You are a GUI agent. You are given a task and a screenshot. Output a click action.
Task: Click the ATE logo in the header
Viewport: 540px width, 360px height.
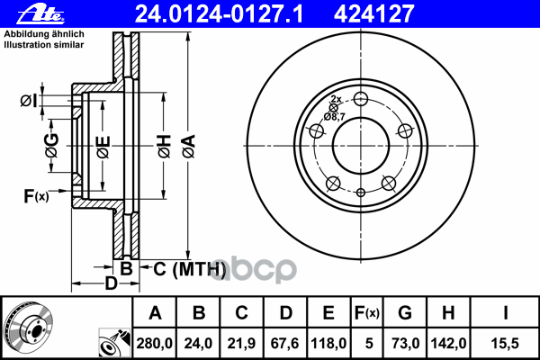(40, 14)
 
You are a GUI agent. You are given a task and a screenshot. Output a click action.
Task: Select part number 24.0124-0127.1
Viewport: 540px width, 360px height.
(219, 14)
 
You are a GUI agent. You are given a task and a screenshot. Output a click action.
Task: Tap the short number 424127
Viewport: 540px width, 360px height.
(373, 14)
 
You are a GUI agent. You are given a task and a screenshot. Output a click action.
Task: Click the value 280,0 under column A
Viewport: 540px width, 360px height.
(154, 343)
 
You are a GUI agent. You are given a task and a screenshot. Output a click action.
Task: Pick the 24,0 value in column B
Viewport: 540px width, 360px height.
(198, 343)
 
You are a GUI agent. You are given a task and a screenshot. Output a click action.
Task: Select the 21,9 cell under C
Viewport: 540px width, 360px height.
(241, 343)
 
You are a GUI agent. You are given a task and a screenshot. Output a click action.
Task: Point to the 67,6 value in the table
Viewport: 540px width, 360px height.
(285, 343)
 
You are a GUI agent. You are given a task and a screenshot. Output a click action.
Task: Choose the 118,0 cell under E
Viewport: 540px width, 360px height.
(328, 343)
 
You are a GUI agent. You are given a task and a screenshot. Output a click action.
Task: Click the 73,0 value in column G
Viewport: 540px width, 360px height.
(405, 343)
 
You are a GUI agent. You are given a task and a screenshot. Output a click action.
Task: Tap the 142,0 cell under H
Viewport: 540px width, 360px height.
(448, 343)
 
